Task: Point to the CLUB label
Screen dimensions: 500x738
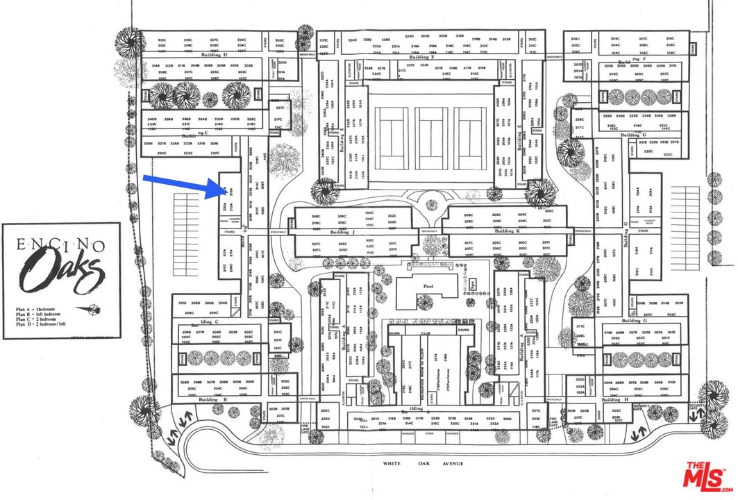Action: (425, 333)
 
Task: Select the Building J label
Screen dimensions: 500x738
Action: (343, 231)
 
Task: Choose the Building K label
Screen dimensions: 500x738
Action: (509, 231)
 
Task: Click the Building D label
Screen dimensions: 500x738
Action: (215, 54)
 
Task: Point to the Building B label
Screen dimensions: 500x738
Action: (213, 400)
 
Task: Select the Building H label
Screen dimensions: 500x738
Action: (612, 400)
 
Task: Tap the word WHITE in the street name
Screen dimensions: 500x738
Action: (395, 463)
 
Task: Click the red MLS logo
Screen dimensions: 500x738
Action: (706, 477)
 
